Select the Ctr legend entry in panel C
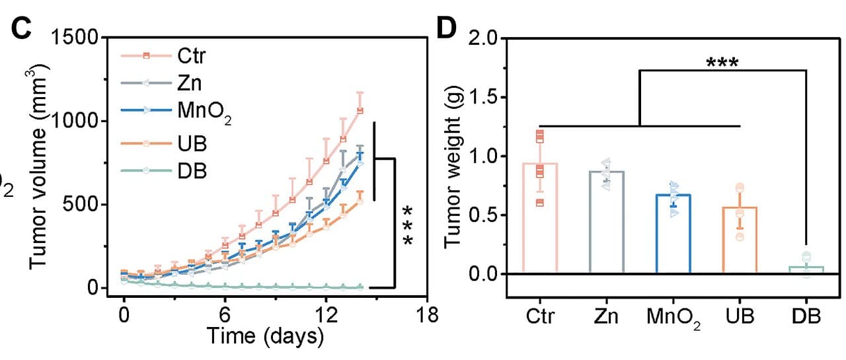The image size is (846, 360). point(163,56)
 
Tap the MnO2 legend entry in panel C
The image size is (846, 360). point(176,112)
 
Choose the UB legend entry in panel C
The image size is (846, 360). point(164,144)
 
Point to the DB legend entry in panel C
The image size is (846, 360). point(164,171)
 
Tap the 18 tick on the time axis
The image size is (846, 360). point(427,314)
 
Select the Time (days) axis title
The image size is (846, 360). point(266,336)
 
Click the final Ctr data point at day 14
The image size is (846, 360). point(360,111)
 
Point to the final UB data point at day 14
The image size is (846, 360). point(360,201)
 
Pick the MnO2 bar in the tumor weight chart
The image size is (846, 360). point(673,234)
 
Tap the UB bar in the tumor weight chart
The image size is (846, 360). point(740,240)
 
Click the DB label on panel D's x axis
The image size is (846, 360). point(806,316)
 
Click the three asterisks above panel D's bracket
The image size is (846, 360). point(722,62)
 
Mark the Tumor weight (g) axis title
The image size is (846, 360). point(453,166)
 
